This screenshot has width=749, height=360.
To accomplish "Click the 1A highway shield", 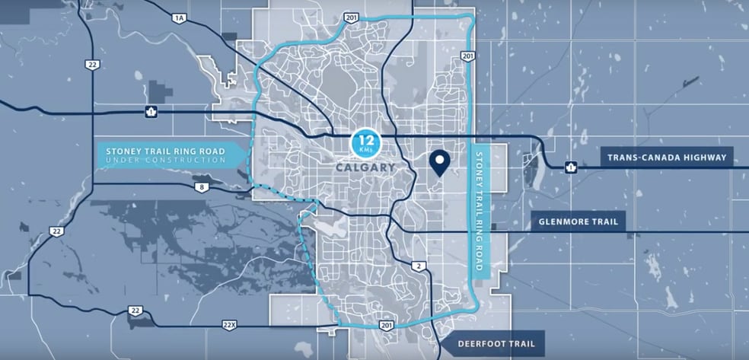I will point(180,18).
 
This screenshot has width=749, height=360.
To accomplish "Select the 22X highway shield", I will point(229,325).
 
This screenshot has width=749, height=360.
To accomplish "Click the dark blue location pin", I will point(438,162).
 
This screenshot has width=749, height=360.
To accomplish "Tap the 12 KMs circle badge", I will point(363,142).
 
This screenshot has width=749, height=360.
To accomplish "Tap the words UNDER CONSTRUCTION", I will point(165,161).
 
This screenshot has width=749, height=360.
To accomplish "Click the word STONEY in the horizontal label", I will point(123,151).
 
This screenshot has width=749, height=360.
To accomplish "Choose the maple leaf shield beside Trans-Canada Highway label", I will point(569,167).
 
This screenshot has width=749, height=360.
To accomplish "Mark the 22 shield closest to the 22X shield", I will point(136,311).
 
